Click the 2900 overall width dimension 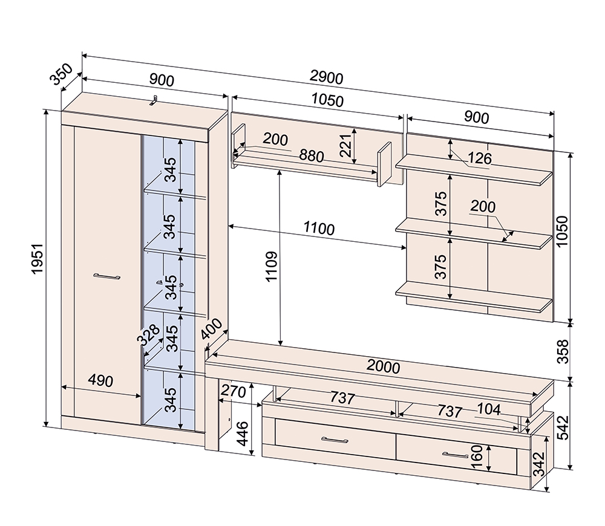click(x=326, y=77)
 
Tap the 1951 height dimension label click(x=38, y=259)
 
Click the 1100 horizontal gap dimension click(x=319, y=229)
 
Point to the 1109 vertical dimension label click(x=272, y=267)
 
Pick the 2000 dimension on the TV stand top click(x=383, y=367)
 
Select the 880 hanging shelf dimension click(x=312, y=156)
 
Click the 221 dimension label click(x=345, y=145)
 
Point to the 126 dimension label click(x=479, y=158)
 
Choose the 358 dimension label click(x=563, y=351)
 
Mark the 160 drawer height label click(x=477, y=457)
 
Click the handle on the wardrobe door click(x=106, y=276)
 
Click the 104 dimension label click(x=489, y=409)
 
